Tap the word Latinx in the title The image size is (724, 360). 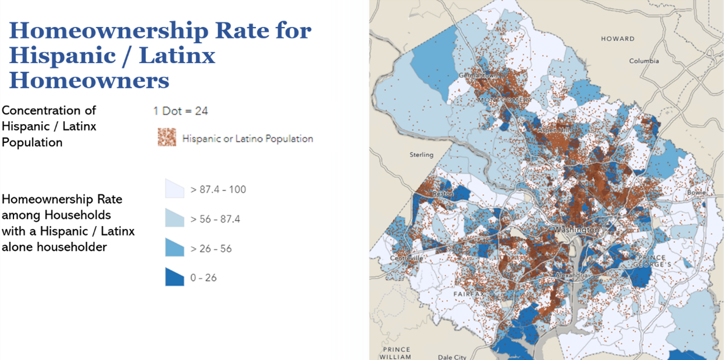175,56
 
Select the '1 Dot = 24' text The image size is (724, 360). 180,111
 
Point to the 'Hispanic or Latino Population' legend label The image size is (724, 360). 248,139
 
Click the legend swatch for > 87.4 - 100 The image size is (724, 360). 174,189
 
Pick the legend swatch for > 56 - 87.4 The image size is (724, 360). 174,219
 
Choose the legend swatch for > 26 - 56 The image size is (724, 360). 174,248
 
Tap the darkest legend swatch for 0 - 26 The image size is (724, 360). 174,277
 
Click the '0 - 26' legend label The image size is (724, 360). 203,277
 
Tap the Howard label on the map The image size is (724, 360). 617,39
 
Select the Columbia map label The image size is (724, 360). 644,61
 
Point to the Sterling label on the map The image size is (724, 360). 421,155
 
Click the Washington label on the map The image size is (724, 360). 577,230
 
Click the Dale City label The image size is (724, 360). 452,356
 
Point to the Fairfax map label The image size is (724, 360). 467,293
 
